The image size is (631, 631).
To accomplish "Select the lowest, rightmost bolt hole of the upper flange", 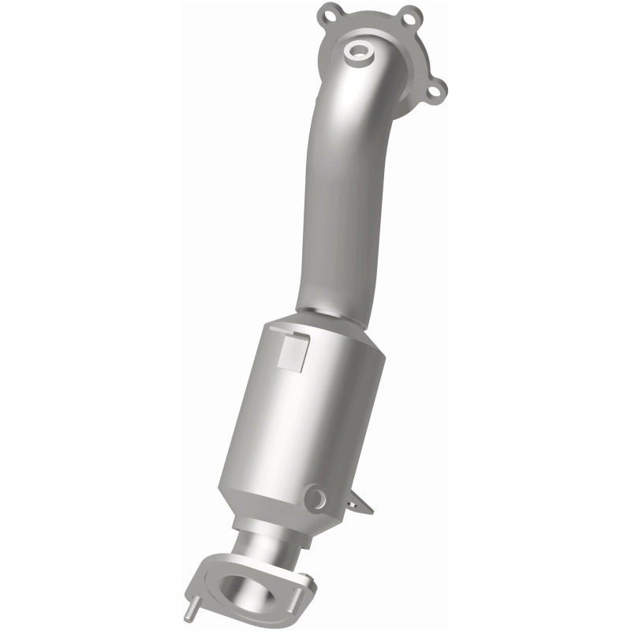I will coord(439,88).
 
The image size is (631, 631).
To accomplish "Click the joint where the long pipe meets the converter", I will coord(331,313).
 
